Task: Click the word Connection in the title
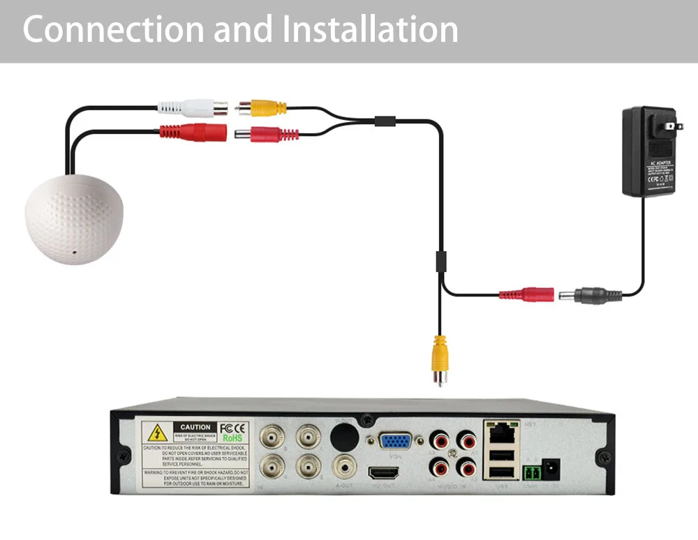112,30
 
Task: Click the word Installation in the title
370,30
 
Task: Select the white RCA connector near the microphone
192,108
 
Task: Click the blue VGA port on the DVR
395,442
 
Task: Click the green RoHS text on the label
232,438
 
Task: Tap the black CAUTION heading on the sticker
195,427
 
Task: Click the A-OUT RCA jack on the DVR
343,465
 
